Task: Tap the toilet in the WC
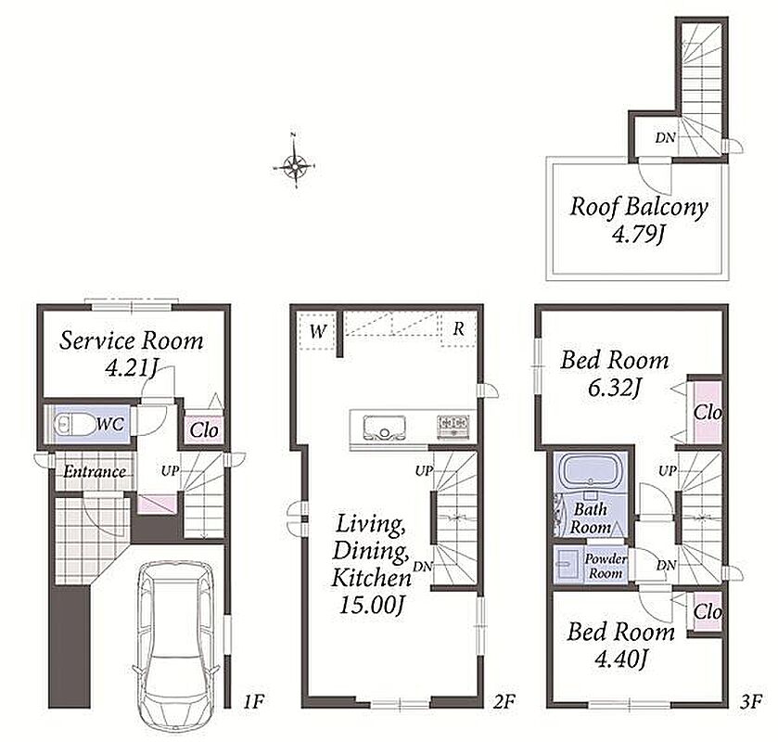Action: click(74, 425)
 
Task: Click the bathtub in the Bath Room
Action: click(590, 471)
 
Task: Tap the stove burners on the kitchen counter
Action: click(453, 426)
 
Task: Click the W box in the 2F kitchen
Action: click(316, 330)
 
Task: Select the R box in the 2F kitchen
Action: click(458, 328)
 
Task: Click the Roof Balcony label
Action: click(639, 208)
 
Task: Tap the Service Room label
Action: click(131, 341)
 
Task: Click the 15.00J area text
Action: click(371, 604)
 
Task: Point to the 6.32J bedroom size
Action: click(613, 388)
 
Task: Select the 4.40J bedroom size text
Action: click(620, 659)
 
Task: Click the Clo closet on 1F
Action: click(204, 429)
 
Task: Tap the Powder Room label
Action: click(606, 566)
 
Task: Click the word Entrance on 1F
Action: click(95, 471)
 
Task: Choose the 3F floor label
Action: click(750, 701)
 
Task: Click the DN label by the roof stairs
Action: click(665, 137)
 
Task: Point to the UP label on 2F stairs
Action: click(424, 470)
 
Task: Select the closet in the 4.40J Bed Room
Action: click(705, 612)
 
